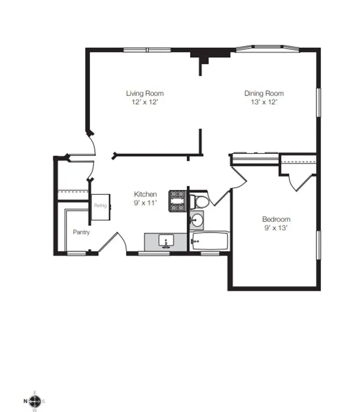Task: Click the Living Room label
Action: [145, 93]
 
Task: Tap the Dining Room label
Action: [264, 93]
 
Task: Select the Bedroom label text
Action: [276, 219]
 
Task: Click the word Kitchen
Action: [145, 194]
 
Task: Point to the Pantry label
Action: [81, 232]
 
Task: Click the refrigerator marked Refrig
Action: [100, 206]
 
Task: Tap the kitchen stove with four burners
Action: [177, 201]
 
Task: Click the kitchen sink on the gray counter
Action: [166, 242]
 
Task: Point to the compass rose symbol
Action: [35, 401]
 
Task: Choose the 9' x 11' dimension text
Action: [145, 203]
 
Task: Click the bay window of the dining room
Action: [267, 48]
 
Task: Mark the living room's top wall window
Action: [147, 50]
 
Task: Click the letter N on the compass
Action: [25, 401]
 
